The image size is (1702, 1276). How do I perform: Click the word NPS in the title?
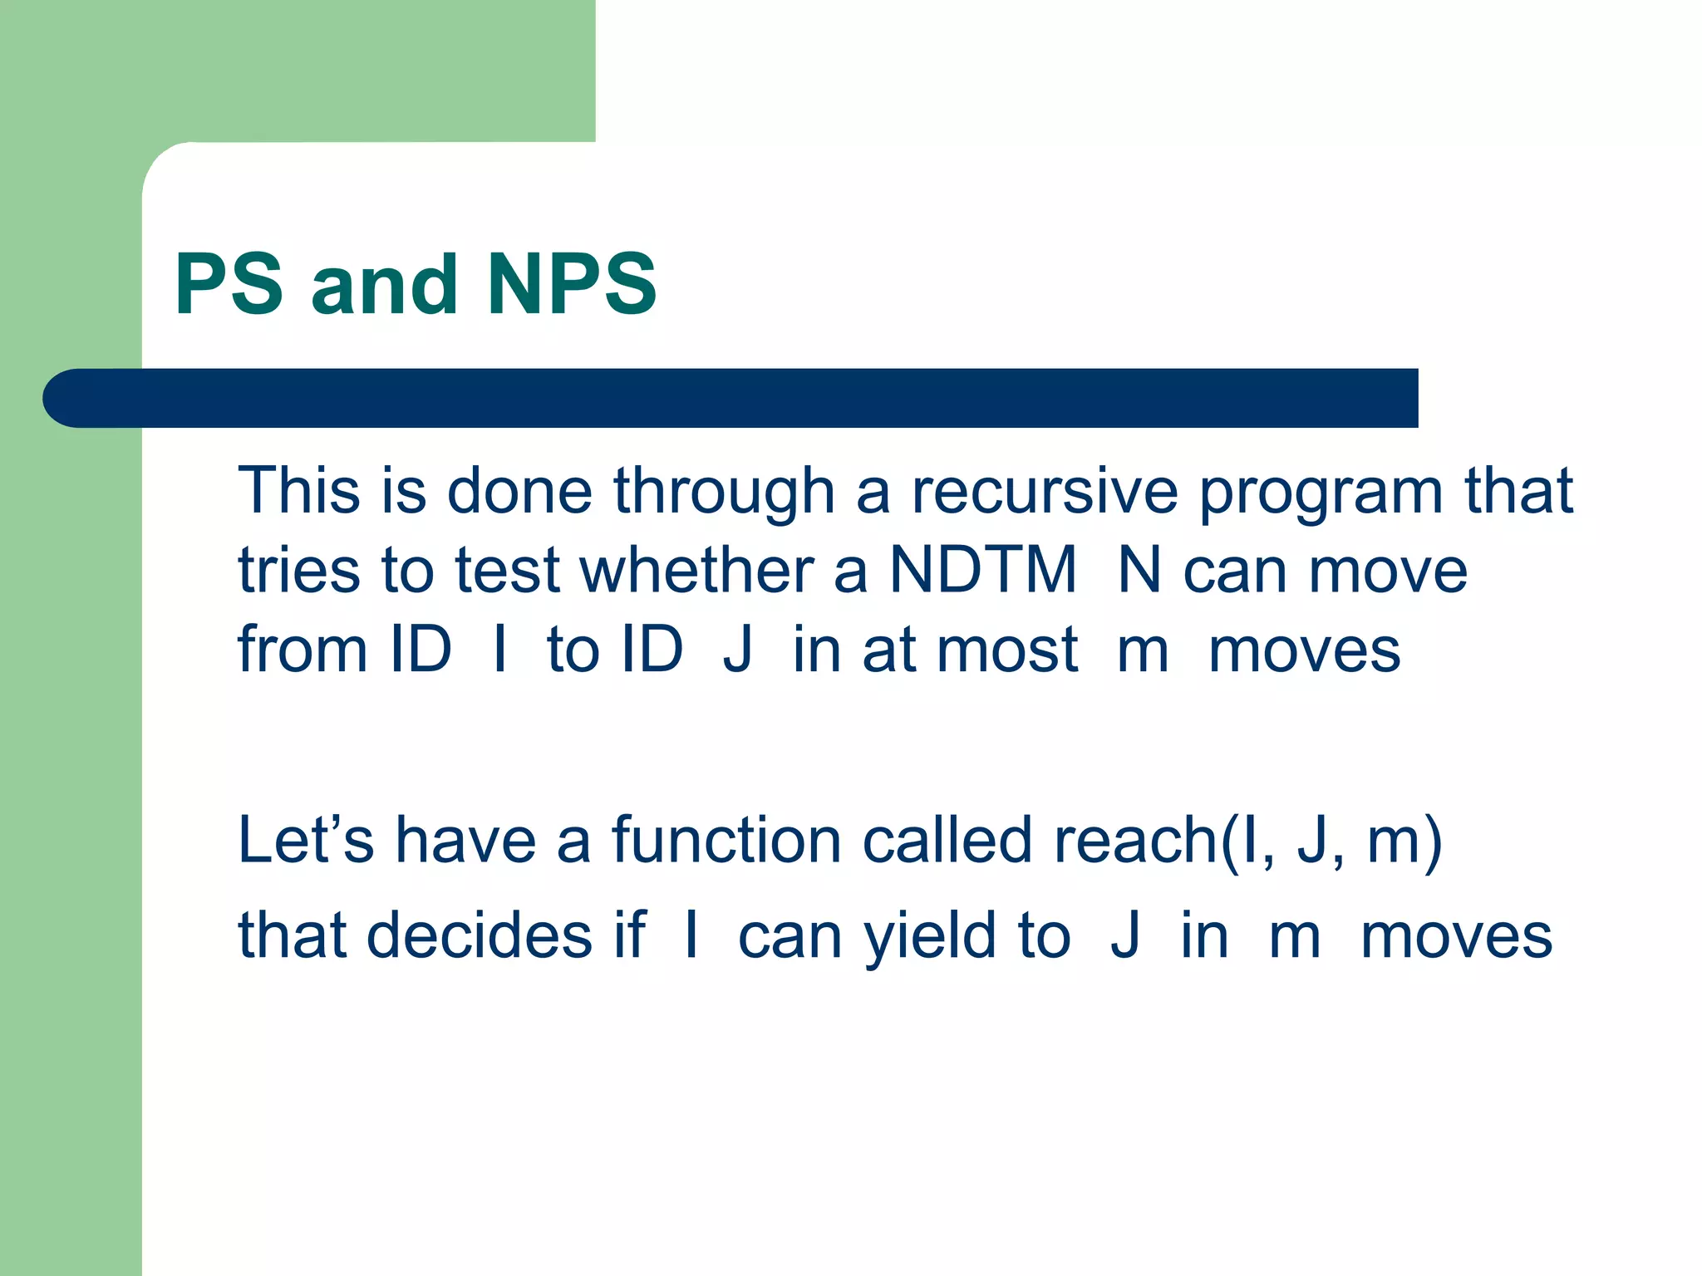point(572,285)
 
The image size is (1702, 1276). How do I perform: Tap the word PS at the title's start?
point(229,285)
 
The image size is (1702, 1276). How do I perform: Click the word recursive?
point(1044,491)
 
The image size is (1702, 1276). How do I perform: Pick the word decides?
point(480,935)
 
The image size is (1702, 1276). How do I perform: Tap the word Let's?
point(306,840)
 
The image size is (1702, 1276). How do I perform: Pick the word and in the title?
point(384,285)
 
